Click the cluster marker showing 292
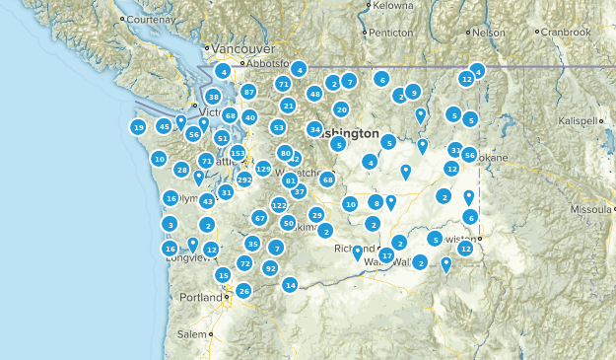click(244, 180)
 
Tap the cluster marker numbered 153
click(238, 153)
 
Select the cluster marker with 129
click(263, 169)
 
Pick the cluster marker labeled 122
click(279, 205)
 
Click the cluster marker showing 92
click(270, 267)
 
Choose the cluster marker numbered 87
click(249, 92)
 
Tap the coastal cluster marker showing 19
click(138, 127)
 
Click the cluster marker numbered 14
click(290, 285)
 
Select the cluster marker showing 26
click(243, 291)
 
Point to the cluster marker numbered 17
click(386, 255)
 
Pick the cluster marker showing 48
click(314, 94)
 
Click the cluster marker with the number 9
click(413, 92)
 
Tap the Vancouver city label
click(242, 47)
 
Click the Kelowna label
click(393, 6)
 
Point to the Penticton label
click(390, 32)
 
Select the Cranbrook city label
click(567, 33)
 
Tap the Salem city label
click(193, 334)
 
